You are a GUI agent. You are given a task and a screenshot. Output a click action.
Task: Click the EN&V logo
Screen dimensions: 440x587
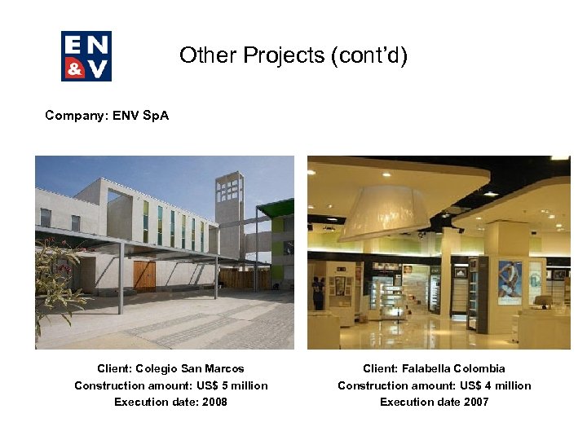[x=86, y=55]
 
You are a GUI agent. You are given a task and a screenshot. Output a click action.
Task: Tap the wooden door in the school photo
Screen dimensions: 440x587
[x=144, y=275]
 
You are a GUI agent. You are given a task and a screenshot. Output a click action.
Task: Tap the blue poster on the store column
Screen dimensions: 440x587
[x=510, y=282]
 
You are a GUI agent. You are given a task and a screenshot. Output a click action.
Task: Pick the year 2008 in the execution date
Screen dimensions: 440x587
[x=214, y=402]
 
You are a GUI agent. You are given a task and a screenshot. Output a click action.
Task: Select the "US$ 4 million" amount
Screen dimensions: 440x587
[x=494, y=385]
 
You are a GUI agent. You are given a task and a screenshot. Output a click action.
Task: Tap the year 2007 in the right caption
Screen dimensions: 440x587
[x=475, y=402]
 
